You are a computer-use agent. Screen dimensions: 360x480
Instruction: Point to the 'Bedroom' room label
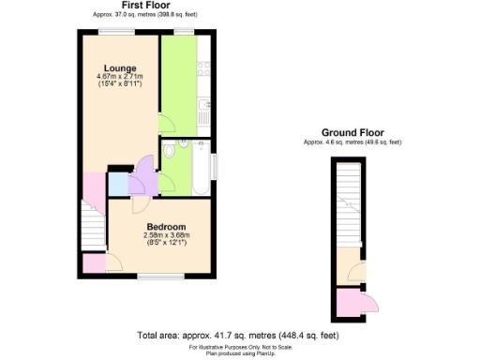(164, 227)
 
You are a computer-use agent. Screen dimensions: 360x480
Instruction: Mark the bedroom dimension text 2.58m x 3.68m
(165, 236)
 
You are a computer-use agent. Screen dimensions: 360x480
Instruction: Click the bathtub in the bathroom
(202, 167)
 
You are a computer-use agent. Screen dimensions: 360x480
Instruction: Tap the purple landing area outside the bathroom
(145, 172)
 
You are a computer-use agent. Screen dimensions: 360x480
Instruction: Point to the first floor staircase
(91, 229)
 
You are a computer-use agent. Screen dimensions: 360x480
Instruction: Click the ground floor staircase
(347, 202)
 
